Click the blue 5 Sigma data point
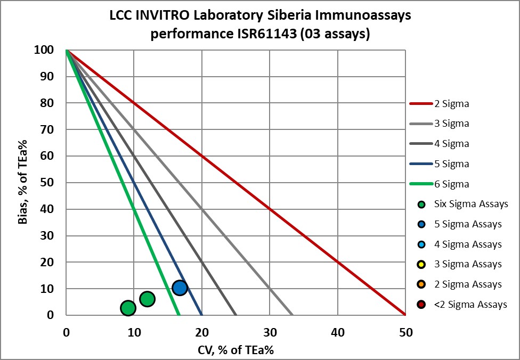pyautogui.click(x=180, y=288)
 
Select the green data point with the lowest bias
pyautogui.click(x=128, y=308)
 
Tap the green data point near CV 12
pyautogui.click(x=147, y=299)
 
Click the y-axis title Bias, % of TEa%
pyautogui.click(x=23, y=182)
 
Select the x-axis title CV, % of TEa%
pyautogui.click(x=235, y=349)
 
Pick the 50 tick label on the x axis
pyautogui.click(x=405, y=333)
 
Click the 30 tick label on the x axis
pyautogui.click(x=270, y=333)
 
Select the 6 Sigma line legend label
pyautogui.click(x=452, y=184)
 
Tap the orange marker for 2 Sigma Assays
pyautogui.click(x=422, y=284)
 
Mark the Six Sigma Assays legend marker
pyautogui.click(x=422, y=204)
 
